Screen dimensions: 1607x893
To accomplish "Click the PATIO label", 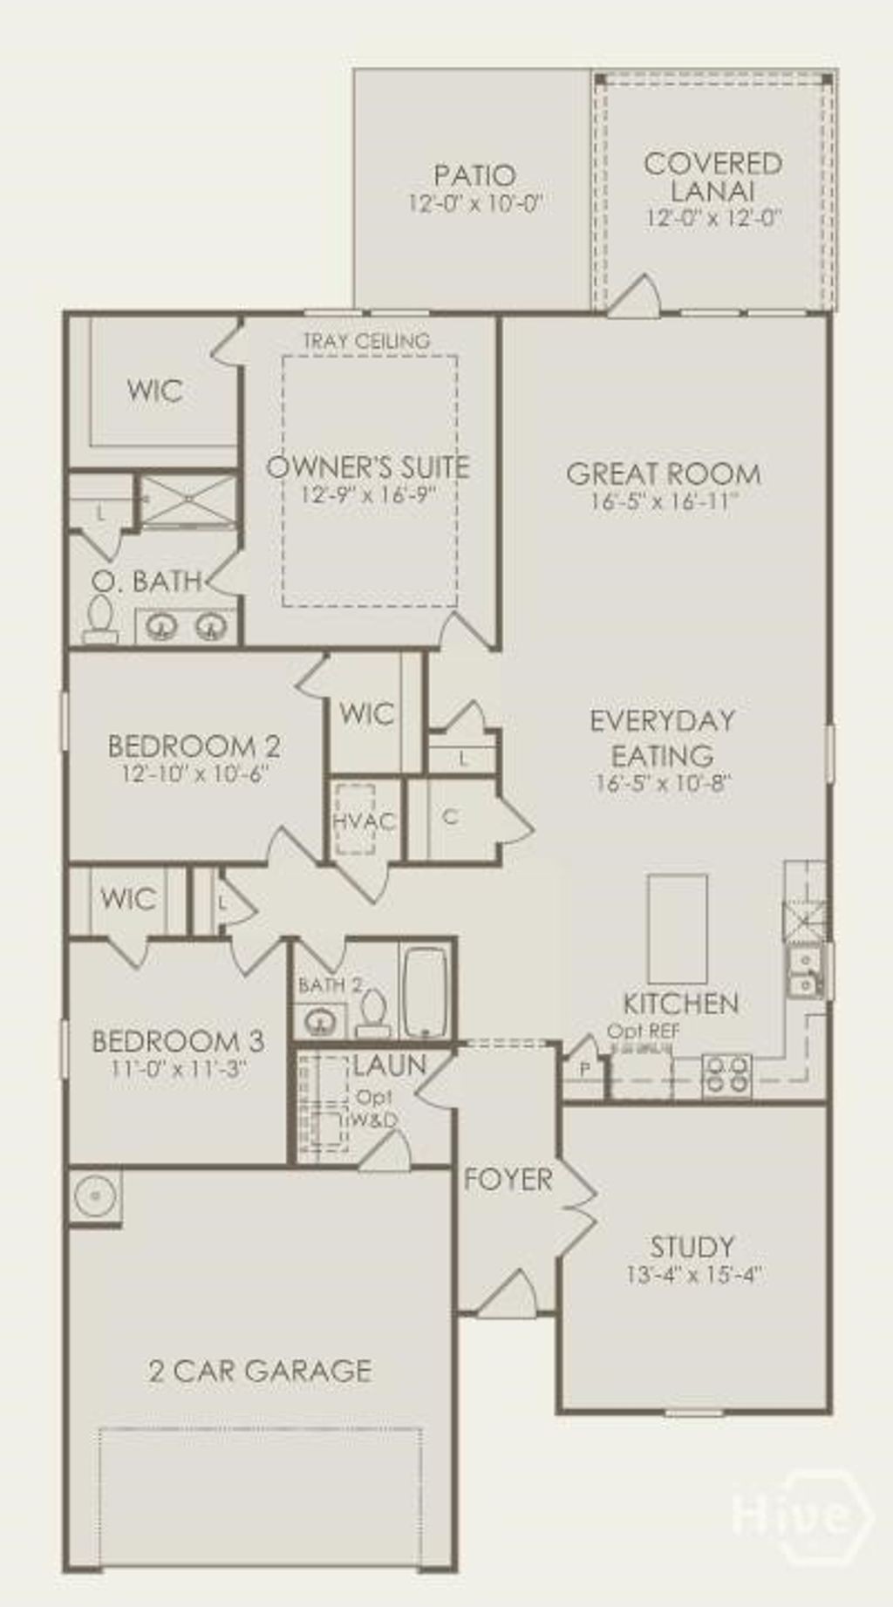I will tap(475, 175).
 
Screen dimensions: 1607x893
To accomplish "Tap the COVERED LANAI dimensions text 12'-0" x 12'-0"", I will tap(712, 218).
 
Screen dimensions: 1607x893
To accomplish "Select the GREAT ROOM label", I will tap(663, 474).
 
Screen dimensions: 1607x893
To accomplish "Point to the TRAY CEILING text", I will tap(366, 341).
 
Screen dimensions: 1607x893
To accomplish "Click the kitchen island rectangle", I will tap(677, 929).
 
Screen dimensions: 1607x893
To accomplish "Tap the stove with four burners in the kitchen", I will tap(726, 1073).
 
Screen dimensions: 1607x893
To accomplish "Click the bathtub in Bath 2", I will tap(426, 991).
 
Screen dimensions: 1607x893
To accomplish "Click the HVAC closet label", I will tap(364, 821).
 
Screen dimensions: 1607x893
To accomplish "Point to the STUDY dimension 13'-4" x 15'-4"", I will tap(693, 1275).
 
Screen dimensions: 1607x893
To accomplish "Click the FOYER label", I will tap(508, 1180).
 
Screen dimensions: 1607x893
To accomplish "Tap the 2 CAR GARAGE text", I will tap(260, 1371).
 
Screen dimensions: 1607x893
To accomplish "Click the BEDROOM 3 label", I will tap(178, 1041).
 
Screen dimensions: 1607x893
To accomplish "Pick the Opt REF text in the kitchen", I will tap(643, 1031).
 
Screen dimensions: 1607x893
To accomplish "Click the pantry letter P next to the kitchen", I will tap(584, 1068).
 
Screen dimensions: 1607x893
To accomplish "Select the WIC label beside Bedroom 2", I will tap(366, 714).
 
